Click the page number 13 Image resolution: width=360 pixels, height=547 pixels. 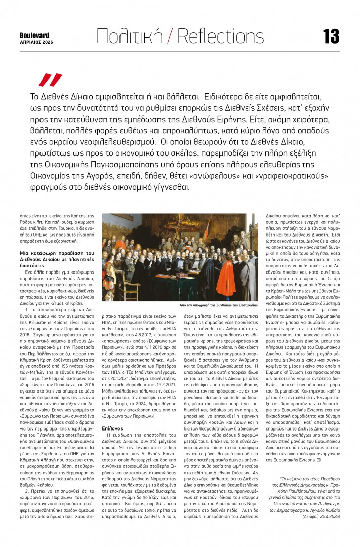[331, 36]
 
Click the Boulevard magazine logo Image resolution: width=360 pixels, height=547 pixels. [34, 35]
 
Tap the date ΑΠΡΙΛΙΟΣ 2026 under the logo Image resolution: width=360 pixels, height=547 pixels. [35, 42]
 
